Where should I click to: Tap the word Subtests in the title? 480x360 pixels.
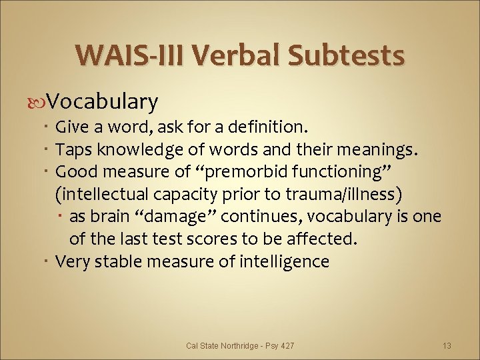pos(347,55)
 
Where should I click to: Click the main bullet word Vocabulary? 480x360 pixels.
pos(103,102)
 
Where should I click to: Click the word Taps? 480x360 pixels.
pos(73,149)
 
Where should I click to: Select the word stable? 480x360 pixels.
pos(117,261)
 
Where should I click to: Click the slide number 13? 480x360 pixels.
pos(447,345)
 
